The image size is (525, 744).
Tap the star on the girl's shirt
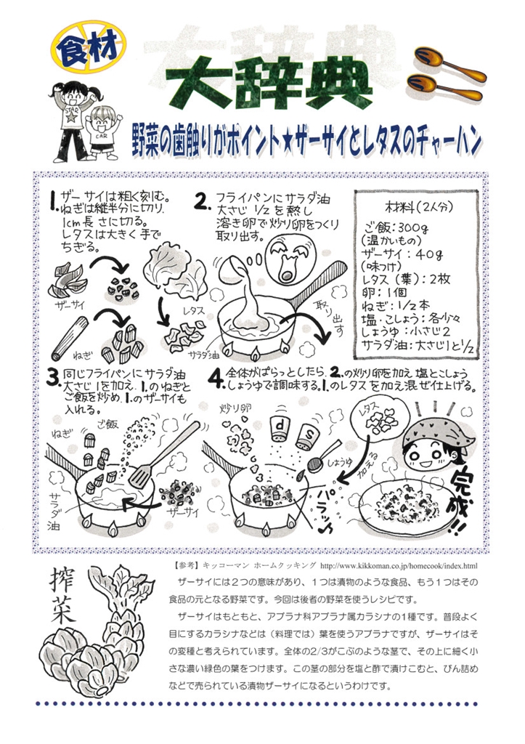click(70, 116)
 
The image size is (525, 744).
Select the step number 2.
click(203, 202)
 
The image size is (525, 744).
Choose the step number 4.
click(216, 378)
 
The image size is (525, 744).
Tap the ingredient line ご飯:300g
click(396, 227)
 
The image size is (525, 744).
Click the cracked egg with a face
click(289, 259)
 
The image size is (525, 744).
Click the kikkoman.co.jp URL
click(399, 565)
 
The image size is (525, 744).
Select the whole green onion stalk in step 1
click(70, 339)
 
